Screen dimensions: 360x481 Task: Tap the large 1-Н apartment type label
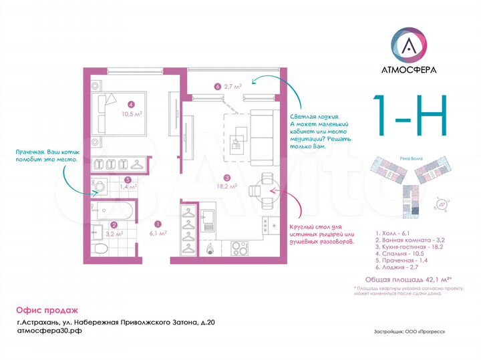[x=410, y=116]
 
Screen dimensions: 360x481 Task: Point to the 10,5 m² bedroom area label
[x=132, y=114]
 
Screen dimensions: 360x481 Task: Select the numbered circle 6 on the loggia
[x=218, y=86]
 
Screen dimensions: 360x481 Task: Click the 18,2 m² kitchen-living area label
[x=227, y=187]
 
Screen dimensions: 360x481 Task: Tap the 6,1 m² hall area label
[x=158, y=234]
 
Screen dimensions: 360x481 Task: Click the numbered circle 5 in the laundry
[x=127, y=179]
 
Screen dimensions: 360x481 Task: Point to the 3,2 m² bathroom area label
[x=115, y=234]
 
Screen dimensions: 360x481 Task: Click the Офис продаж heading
[x=47, y=310]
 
